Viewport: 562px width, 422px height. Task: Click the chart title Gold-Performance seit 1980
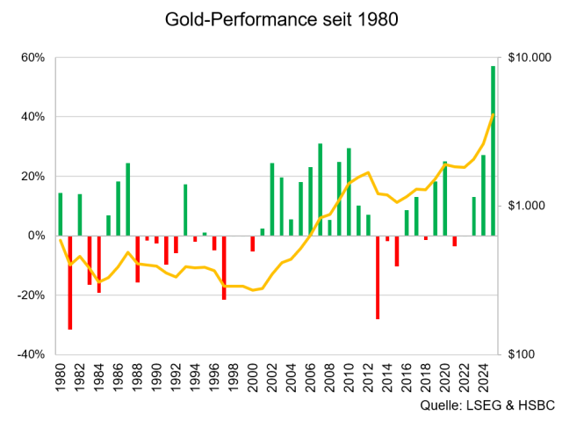pyautogui.click(x=281, y=19)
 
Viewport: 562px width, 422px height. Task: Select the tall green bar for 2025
pyautogui.click(x=494, y=149)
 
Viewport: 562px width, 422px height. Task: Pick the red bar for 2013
pyautogui.click(x=378, y=277)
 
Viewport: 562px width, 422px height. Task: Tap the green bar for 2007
pyautogui.click(x=320, y=189)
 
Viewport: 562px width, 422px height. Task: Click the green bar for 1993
pyautogui.click(x=185, y=209)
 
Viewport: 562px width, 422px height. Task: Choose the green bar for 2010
pyautogui.click(x=349, y=192)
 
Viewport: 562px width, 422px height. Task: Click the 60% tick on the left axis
pyautogui.click(x=32, y=57)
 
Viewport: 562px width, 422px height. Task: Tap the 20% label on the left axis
pyautogui.click(x=32, y=176)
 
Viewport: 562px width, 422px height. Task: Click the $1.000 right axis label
pyautogui.click(x=529, y=205)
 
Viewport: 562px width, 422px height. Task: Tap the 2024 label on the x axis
pyautogui.click(x=484, y=376)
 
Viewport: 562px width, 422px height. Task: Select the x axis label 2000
pyautogui.click(x=253, y=376)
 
